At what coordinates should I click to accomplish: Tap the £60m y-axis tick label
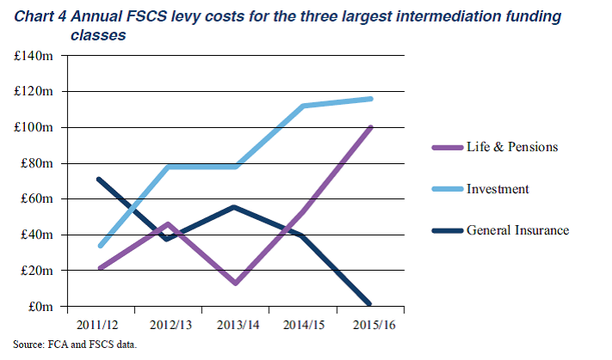pyautogui.click(x=39, y=199)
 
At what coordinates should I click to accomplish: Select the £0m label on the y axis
pyautogui.click(x=42, y=307)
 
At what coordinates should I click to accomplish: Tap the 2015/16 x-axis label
pyautogui.click(x=371, y=326)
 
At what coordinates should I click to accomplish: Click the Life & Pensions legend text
pyautogui.click(x=511, y=146)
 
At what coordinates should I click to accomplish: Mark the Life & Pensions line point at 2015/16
pyautogui.click(x=371, y=127)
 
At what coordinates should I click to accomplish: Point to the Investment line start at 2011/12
pyautogui.click(x=101, y=246)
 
